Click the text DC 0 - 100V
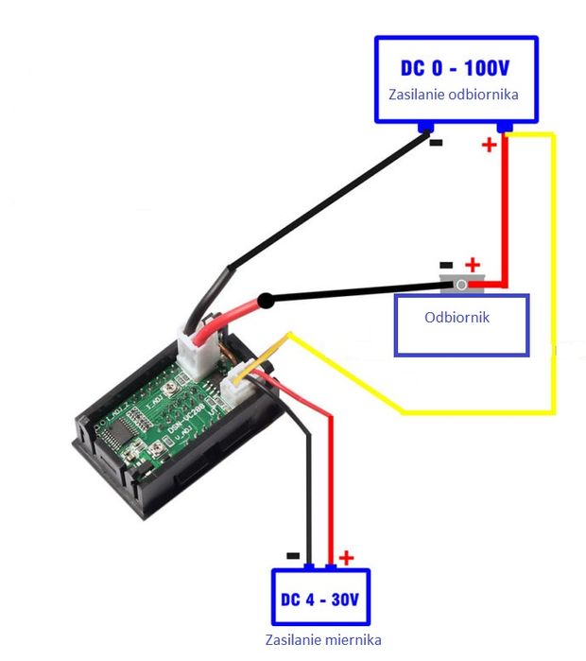click(x=457, y=69)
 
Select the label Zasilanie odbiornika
click(x=454, y=96)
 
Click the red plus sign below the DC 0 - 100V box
click(x=489, y=146)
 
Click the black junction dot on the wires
click(x=267, y=302)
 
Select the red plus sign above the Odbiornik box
click(x=473, y=265)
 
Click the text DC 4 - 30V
click(x=320, y=600)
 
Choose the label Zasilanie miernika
click(x=320, y=640)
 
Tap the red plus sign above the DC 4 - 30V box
click(x=346, y=558)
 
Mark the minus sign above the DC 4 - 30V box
click(x=293, y=557)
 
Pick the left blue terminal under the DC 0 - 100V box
click(x=427, y=127)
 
